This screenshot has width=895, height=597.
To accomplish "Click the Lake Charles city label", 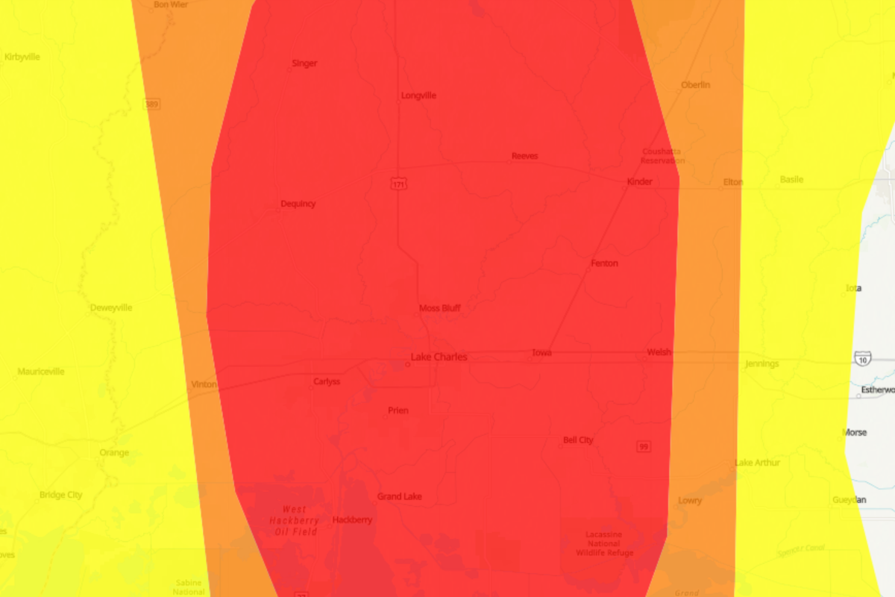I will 439,357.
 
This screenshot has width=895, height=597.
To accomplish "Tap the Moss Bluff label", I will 440,307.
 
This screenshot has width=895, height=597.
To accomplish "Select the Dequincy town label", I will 298,204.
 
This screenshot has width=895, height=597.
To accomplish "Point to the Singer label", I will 304,63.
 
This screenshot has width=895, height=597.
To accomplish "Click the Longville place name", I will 418,96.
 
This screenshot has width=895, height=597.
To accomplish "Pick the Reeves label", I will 524,156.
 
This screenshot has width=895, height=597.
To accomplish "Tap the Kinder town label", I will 640,181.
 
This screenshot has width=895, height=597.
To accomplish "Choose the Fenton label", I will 604,263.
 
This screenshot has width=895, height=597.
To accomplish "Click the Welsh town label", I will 659,352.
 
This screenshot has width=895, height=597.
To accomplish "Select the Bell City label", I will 578,440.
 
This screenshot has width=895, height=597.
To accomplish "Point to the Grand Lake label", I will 400,496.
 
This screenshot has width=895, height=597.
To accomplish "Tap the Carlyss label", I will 327,381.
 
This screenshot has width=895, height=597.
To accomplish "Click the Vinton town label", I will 204,384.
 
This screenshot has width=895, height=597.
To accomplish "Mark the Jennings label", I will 761,364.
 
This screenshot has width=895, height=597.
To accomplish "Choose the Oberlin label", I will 695,85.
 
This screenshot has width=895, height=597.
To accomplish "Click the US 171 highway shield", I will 400,184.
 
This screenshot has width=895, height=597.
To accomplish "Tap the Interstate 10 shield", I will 863,359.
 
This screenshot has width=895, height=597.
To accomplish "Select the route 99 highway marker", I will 644,446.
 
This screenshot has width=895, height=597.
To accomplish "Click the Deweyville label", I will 111,307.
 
